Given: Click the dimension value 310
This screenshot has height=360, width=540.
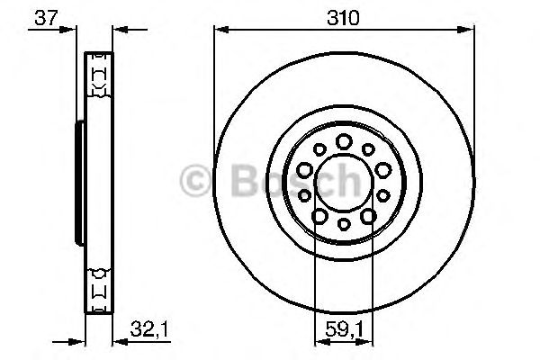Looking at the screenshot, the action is (x=343, y=18).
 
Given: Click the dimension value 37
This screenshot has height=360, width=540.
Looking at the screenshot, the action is (x=46, y=18).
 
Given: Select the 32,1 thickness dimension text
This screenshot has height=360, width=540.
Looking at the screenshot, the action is (x=148, y=329).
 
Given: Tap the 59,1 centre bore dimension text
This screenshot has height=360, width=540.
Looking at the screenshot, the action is (x=344, y=329).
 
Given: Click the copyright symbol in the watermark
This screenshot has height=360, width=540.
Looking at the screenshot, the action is (x=195, y=181).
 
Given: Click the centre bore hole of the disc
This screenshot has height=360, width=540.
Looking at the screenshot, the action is (x=344, y=182).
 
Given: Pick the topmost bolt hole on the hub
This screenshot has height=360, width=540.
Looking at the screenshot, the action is (x=344, y=141).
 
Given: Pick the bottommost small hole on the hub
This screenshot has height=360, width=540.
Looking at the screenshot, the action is (x=344, y=224).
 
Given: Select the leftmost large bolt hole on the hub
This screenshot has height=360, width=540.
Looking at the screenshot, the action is (x=304, y=170).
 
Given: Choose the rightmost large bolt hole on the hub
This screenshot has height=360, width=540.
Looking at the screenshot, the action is (x=383, y=170).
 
